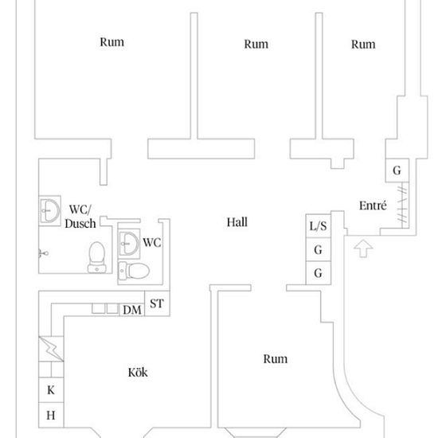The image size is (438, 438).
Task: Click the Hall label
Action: click(x=237, y=222)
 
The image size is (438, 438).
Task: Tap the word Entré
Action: click(x=373, y=205)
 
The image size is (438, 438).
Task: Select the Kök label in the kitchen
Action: click(x=138, y=373)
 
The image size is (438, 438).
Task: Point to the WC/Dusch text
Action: click(x=80, y=217)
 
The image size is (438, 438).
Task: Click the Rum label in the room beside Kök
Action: click(x=276, y=359)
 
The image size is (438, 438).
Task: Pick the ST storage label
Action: click(x=157, y=303)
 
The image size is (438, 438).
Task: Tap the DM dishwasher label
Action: click(x=132, y=310)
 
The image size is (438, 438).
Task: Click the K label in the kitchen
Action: click(x=51, y=390)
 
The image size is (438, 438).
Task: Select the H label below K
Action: click(x=50, y=416)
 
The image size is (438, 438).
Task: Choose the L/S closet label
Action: click(x=319, y=226)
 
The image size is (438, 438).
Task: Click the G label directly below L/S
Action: click(x=319, y=250)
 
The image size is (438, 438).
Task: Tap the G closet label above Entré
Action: click(x=397, y=170)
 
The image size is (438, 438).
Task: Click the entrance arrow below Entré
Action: click(x=363, y=248)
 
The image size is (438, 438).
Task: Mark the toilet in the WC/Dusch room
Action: click(x=97, y=257)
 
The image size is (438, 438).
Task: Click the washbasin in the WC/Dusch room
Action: click(x=49, y=210)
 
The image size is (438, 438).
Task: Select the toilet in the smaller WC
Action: click(x=134, y=271)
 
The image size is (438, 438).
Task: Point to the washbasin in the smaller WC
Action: click(x=129, y=244)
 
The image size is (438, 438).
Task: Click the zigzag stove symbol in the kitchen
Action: click(x=51, y=349)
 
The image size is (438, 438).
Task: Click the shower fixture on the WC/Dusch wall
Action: click(x=43, y=253)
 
